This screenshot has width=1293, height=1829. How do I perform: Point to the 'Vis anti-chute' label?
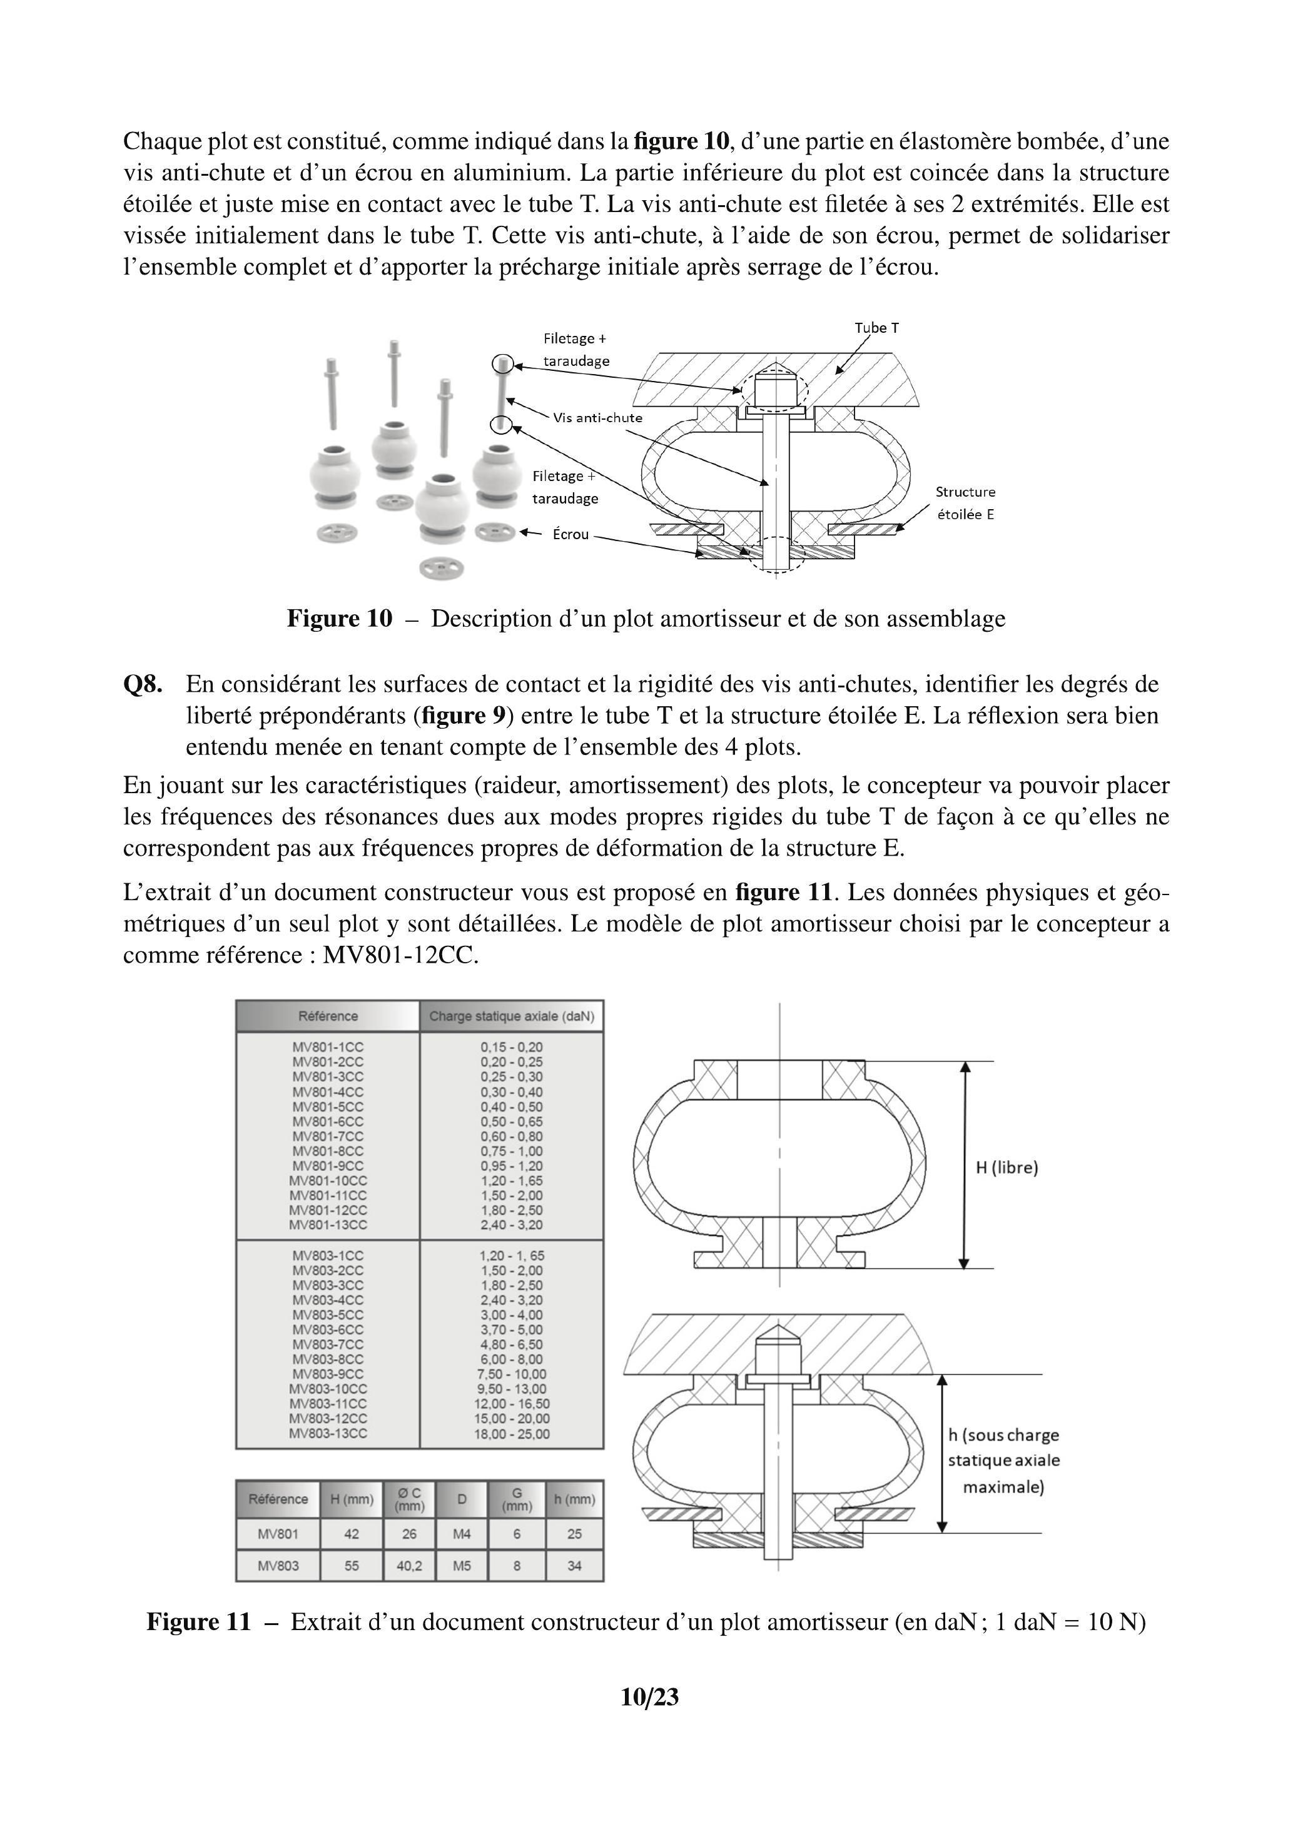[597, 417]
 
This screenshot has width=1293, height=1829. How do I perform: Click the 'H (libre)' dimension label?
[1007, 1168]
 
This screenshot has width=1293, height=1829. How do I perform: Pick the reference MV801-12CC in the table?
[328, 1210]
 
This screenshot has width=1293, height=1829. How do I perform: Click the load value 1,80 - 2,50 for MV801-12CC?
[512, 1210]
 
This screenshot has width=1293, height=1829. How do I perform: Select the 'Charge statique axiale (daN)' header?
[512, 1016]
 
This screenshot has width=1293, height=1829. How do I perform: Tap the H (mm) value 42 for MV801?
[352, 1534]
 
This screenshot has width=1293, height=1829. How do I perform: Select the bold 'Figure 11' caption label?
[198, 1622]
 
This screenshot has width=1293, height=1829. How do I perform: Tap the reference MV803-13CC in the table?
[328, 1433]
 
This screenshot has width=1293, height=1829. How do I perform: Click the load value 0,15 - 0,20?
[512, 1046]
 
